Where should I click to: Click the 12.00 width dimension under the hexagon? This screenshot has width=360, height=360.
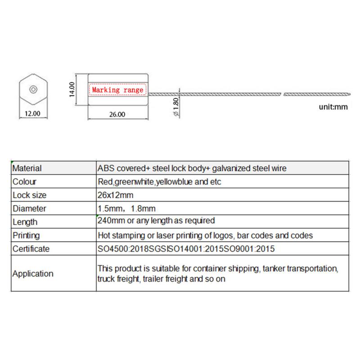point(32,114)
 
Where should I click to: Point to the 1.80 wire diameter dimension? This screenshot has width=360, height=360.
point(176,107)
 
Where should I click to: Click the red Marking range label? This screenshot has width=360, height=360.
point(117,90)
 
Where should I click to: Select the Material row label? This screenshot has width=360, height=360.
point(27,169)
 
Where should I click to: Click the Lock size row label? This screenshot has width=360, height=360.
point(29,195)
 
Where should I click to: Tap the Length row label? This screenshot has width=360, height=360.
point(25,222)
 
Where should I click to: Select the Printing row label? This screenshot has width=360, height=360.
point(26,235)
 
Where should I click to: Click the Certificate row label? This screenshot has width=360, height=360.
point(31,249)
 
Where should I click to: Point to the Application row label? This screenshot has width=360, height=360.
point(33,274)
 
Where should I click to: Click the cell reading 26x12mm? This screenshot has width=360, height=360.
point(115,195)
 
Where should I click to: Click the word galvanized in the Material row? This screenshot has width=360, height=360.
point(231,169)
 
